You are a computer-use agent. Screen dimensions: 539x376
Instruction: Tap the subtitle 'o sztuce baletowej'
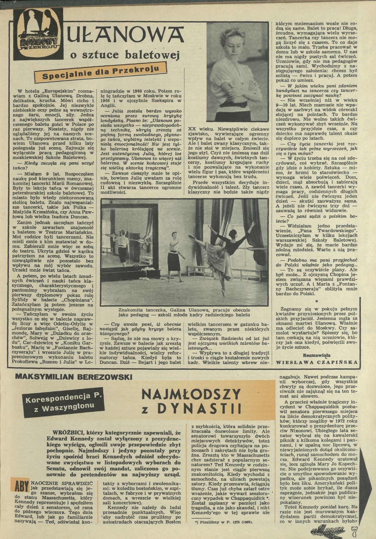[125, 55]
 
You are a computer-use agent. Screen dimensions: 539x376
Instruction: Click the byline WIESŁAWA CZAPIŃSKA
[317, 362]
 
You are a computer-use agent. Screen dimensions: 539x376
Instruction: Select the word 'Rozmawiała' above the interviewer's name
[317, 354]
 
